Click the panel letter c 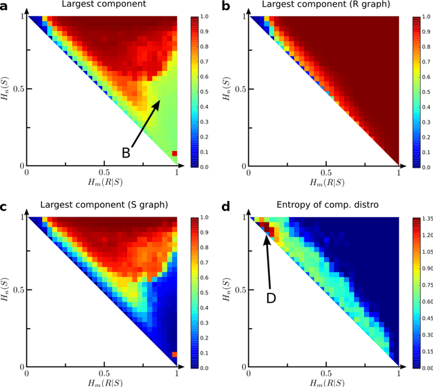coord(5,206)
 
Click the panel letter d coord(226,206)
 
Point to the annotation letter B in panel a coord(126,154)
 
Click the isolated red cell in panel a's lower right coord(175,154)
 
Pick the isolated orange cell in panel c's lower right coord(175,354)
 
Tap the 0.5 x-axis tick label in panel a coord(102,174)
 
